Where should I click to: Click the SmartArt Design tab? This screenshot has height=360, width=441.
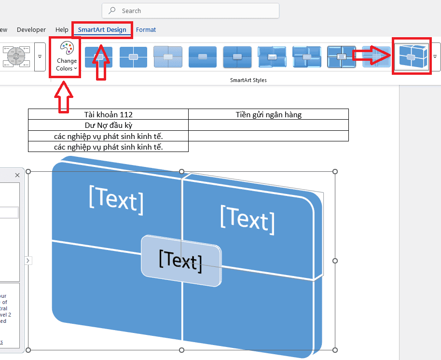click(102, 30)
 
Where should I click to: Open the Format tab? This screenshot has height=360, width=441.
click(146, 30)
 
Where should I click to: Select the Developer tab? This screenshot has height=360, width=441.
click(31, 30)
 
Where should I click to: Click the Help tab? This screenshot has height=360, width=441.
click(62, 30)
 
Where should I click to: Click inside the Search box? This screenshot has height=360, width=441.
click(193, 11)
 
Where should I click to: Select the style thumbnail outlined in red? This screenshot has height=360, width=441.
click(411, 56)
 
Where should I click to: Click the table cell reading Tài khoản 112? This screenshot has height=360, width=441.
click(108, 114)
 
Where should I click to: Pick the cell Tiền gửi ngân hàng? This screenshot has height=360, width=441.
click(269, 114)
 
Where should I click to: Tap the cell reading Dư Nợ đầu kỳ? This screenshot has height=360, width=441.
click(108, 125)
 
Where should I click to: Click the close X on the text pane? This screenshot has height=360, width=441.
click(17, 175)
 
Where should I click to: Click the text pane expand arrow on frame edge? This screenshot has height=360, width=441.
click(28, 261)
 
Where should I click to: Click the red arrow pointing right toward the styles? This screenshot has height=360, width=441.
click(372, 55)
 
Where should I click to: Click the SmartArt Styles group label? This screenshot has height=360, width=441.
click(248, 80)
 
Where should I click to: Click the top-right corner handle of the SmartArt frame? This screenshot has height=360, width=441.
click(335, 172)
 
